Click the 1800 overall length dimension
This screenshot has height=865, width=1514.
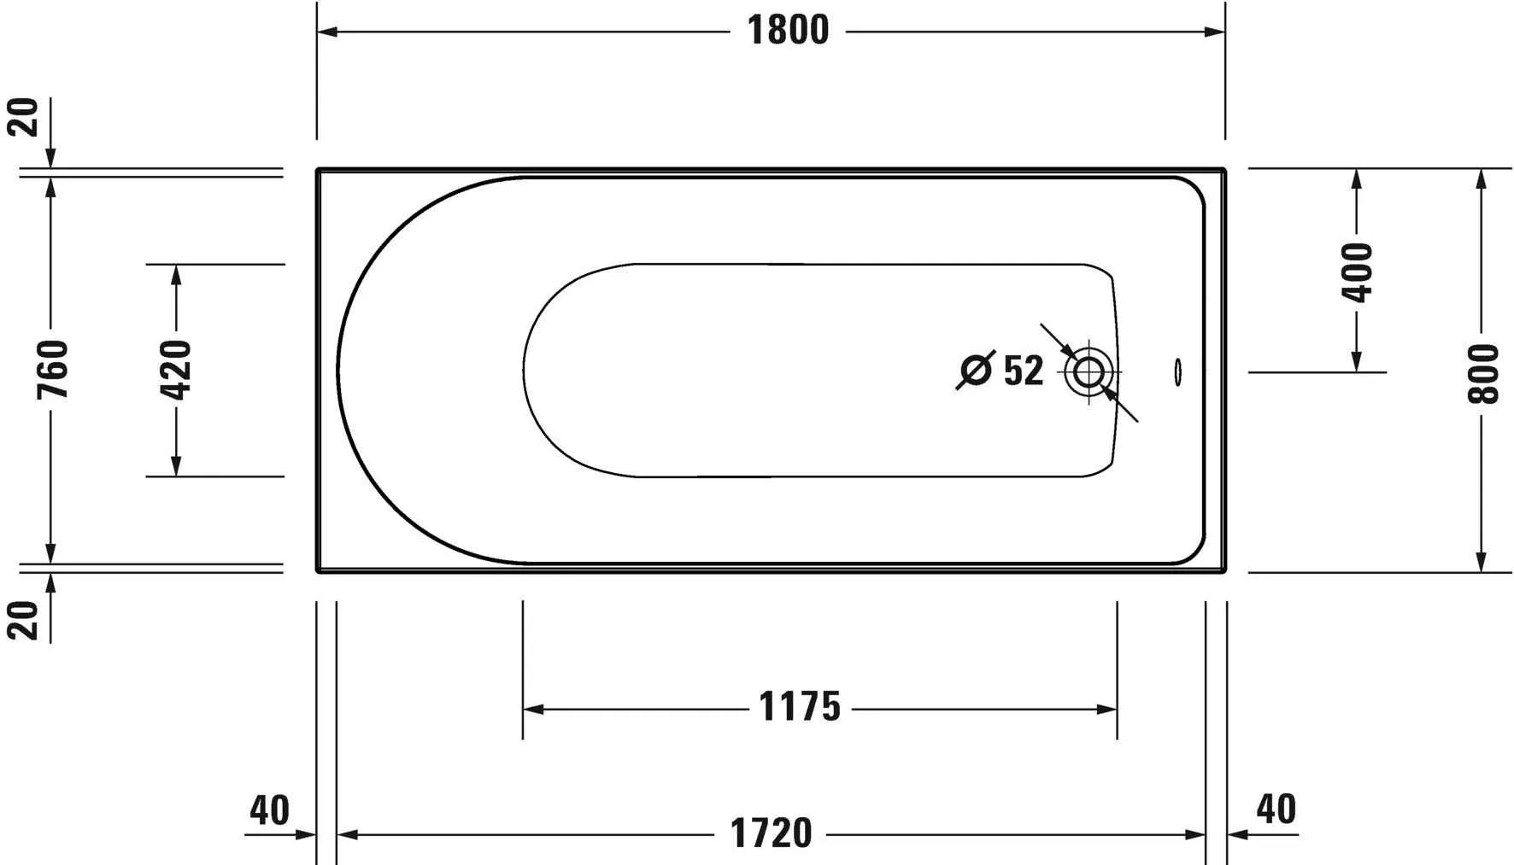coord(788,31)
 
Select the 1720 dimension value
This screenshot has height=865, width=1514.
coord(771,833)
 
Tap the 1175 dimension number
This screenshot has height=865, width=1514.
coord(800,707)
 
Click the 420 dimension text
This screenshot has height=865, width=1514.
coord(176,369)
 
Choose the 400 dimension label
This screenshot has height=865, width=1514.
coord(1357,272)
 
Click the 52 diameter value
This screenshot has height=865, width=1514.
coord(1023,371)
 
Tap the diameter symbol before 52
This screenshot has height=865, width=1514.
coord(976,371)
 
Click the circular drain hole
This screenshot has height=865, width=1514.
coord(1089,371)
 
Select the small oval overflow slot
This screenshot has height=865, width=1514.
coord(1178,371)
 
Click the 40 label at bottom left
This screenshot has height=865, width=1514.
coord(270,809)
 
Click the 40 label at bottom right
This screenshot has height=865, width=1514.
coord(1276,808)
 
